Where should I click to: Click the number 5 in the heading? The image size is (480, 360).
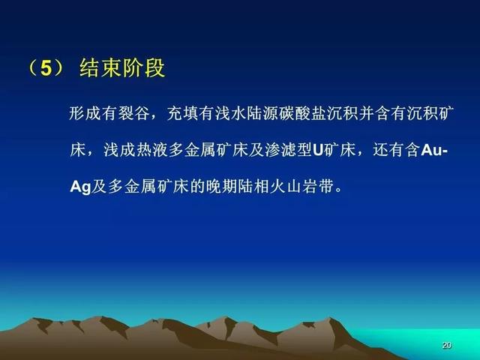click(x=46, y=67)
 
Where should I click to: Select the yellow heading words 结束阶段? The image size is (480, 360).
click(x=122, y=67)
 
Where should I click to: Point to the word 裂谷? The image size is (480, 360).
click(x=133, y=114)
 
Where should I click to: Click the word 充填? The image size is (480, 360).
click(x=182, y=114)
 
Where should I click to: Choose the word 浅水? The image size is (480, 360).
click(x=230, y=114)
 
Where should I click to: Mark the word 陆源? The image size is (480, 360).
click(x=262, y=114)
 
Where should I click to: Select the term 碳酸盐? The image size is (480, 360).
click(x=303, y=114)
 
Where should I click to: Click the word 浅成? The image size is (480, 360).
click(x=118, y=150)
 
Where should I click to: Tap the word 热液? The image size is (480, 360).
click(x=151, y=150)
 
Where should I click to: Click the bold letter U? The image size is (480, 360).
click(x=318, y=150)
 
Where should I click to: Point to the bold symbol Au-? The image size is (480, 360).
click(x=434, y=150)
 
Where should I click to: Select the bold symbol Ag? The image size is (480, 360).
click(x=80, y=187)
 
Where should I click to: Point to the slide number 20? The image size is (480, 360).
click(x=447, y=345)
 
